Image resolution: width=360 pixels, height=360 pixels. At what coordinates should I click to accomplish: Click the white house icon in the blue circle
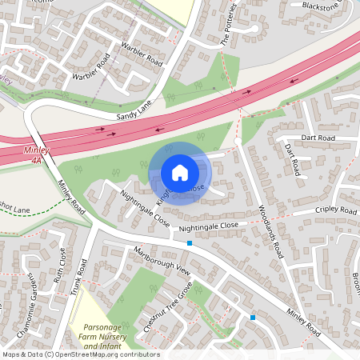(x=179, y=173)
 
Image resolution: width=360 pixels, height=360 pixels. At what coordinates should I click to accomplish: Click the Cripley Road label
(x=336, y=210)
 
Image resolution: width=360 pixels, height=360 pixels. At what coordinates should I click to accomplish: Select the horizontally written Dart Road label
(x=318, y=138)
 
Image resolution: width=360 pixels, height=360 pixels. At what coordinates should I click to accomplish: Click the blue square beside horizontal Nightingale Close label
(x=190, y=242)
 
